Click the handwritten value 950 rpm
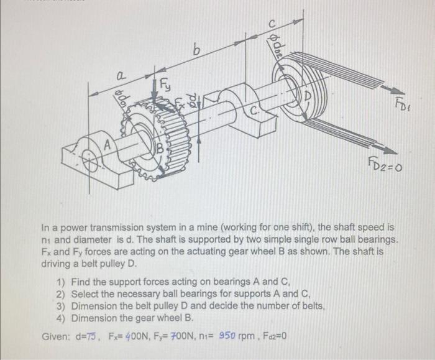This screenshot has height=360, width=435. tap(245, 338)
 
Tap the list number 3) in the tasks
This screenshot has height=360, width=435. tap(60, 307)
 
